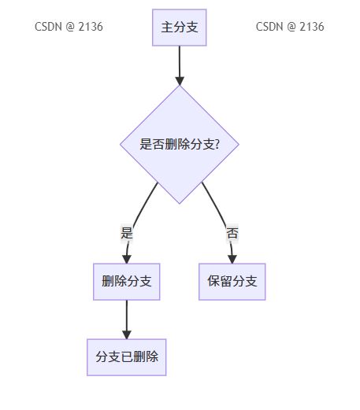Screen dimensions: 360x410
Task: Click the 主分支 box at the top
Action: point(180,28)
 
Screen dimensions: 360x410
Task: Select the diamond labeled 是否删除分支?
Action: point(180,145)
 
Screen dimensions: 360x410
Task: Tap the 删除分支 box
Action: point(127,282)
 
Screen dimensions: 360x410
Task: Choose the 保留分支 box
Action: point(232,282)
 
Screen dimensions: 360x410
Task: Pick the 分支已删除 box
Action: point(127,357)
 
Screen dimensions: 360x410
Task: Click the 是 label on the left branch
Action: point(127,233)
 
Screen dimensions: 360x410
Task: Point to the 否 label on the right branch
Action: point(232,233)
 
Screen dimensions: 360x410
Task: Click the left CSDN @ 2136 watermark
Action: point(69,27)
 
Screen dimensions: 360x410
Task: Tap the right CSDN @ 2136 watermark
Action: point(290,27)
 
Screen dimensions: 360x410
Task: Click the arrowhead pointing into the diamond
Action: point(180,81)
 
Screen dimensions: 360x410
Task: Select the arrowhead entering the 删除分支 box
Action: point(127,259)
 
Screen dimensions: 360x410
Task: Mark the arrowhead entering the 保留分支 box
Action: point(232,259)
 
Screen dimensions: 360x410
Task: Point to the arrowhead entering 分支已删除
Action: point(127,334)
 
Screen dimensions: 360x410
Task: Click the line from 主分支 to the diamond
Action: point(180,61)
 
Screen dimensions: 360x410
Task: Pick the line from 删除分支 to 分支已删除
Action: point(127,316)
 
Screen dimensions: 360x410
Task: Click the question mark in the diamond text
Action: point(217,144)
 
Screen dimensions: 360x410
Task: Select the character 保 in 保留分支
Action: point(213,281)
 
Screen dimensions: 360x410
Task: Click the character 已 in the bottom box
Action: point(127,356)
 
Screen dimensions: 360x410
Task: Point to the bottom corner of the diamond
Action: point(180,204)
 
